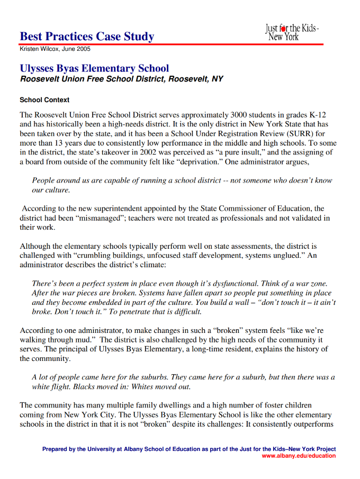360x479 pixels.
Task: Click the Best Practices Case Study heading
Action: pos(87,37)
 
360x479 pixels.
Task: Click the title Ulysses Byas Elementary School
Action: pos(94,68)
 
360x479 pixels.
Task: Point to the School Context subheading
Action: pos(44,100)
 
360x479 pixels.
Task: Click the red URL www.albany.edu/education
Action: pos(299,456)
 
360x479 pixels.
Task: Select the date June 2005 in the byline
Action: pos(76,49)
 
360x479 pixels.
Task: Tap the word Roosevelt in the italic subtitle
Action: pos(42,79)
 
